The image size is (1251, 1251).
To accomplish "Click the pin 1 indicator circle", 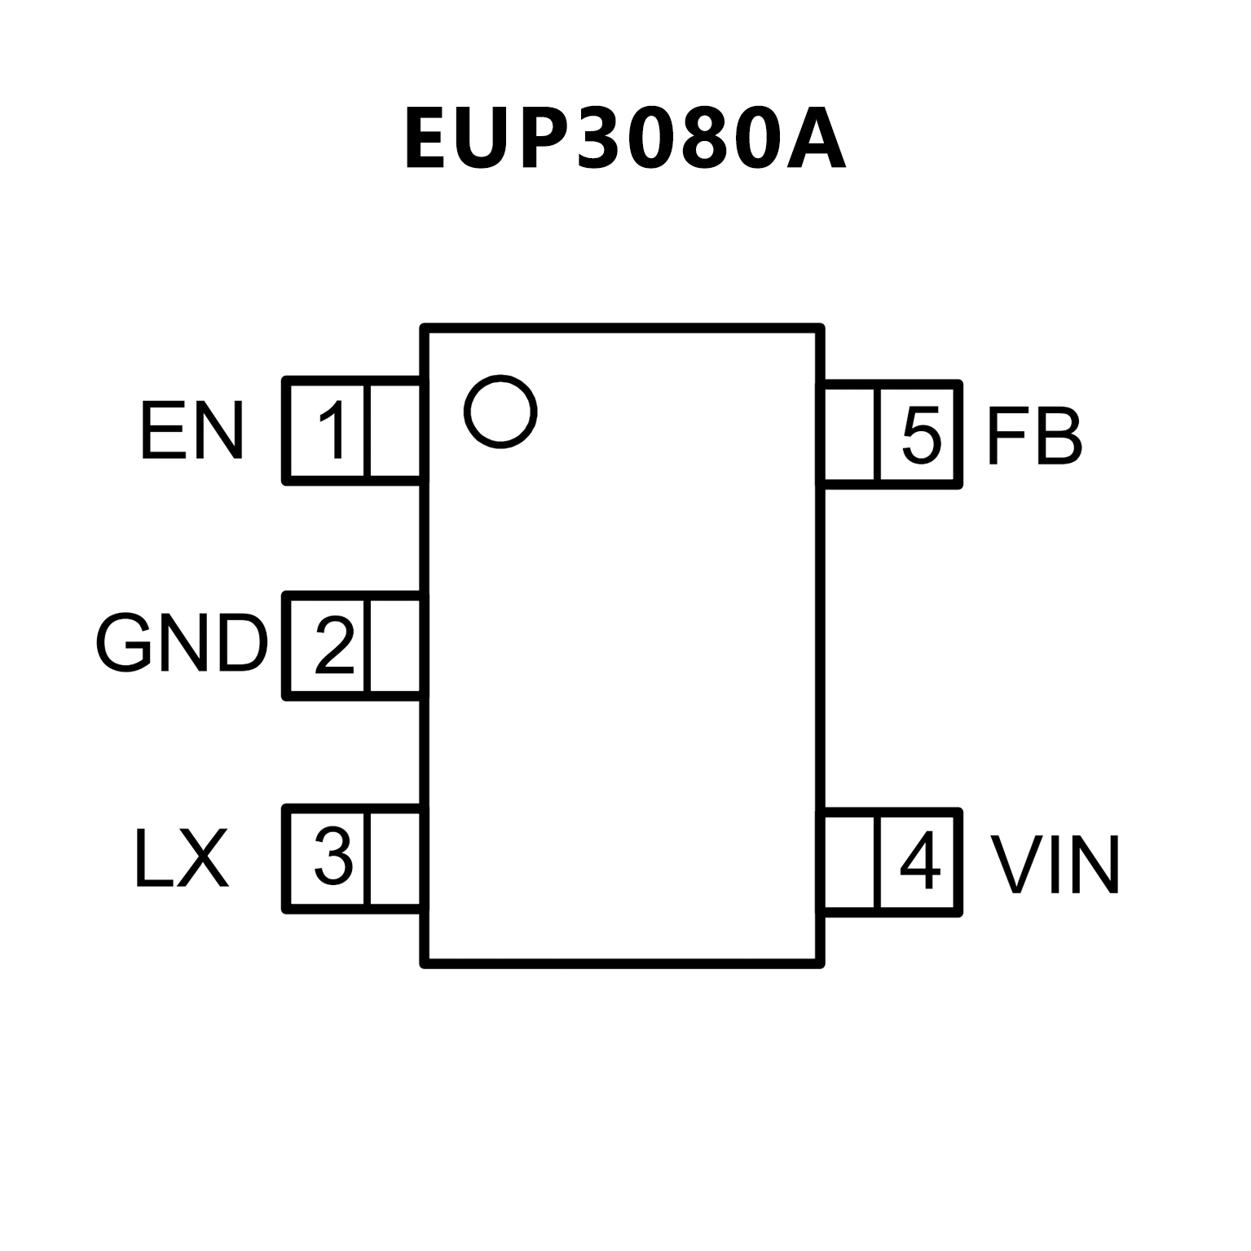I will tap(500, 412).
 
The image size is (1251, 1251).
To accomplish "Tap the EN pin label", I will tap(192, 431).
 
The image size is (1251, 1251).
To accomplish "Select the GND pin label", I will tap(182, 644).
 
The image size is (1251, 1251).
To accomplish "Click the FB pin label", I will tap(1034, 437).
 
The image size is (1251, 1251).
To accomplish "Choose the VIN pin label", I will tap(1055, 865).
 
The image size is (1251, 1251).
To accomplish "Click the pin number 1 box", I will tap(328, 431).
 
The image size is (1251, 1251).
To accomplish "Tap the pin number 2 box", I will tap(328, 645).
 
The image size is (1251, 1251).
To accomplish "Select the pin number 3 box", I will tap(328, 858).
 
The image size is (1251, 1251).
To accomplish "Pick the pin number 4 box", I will tap(918, 862).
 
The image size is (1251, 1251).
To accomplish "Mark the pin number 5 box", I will tap(918, 435).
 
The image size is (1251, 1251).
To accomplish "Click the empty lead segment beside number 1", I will tap(396, 431).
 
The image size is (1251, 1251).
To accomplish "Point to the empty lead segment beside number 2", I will tap(396, 645).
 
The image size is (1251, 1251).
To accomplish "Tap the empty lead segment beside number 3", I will tap(396, 858).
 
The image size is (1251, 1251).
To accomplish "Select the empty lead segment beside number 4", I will tap(850, 862).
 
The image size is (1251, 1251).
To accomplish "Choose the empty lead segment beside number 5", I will tap(850, 435).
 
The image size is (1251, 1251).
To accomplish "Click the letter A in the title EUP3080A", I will tap(815, 139).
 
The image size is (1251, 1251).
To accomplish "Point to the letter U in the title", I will tap(484, 139).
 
